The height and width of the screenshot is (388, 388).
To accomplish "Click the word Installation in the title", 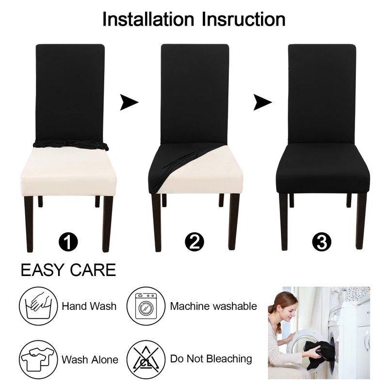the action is (148, 19).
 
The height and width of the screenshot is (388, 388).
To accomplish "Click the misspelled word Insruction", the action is (244, 19).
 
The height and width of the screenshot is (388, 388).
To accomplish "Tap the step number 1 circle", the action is (68, 242).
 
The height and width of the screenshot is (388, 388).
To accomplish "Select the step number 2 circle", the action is (194, 242).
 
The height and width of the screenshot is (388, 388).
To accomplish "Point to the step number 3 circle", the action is (322, 242).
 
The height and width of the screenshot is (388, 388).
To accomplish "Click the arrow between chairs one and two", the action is (129, 102).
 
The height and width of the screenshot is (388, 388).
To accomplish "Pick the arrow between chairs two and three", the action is (262, 102).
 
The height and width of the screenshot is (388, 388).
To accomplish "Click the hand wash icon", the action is (38, 306).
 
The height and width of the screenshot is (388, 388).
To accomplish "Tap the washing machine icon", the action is (146, 306).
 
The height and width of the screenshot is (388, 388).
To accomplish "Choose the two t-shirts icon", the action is (38, 359).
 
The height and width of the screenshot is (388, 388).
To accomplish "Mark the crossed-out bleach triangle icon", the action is (146, 359).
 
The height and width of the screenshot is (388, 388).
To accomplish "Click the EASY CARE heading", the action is (68, 270).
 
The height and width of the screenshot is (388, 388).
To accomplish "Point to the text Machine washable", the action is (213, 307).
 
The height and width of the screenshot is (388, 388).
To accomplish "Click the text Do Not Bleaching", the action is (211, 359).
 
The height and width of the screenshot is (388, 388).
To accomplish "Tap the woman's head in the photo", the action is (285, 307).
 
